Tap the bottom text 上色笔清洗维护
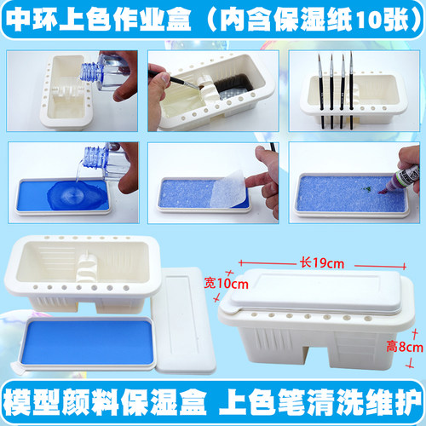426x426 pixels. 319,400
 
